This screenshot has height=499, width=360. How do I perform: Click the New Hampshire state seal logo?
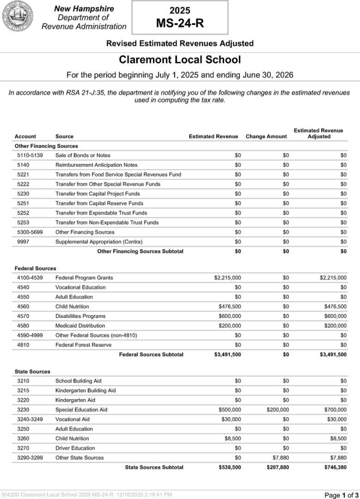tap(18, 17)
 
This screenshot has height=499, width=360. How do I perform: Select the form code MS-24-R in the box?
tap(180, 24)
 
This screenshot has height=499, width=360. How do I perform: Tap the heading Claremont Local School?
tap(180, 60)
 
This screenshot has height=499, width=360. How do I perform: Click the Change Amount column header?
tap(266, 136)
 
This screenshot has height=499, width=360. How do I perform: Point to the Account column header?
tap(25, 136)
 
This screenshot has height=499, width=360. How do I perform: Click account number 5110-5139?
tap(30, 155)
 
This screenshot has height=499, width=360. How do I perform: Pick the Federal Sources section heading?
tap(35, 268)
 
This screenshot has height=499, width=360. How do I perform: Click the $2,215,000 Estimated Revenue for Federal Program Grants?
tap(227, 278)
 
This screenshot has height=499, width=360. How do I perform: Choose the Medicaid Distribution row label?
tap(80, 326)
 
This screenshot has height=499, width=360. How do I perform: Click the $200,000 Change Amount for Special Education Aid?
tap(278, 409)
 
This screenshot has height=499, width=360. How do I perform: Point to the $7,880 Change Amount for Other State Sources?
tap(281, 458)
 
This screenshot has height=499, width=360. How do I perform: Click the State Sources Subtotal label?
tap(154, 467)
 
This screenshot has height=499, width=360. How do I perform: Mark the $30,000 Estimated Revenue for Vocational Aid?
tap(230, 419)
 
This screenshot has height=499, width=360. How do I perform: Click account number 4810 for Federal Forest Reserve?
tap(24, 345)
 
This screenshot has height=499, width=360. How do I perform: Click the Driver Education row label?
tap(75, 448)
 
